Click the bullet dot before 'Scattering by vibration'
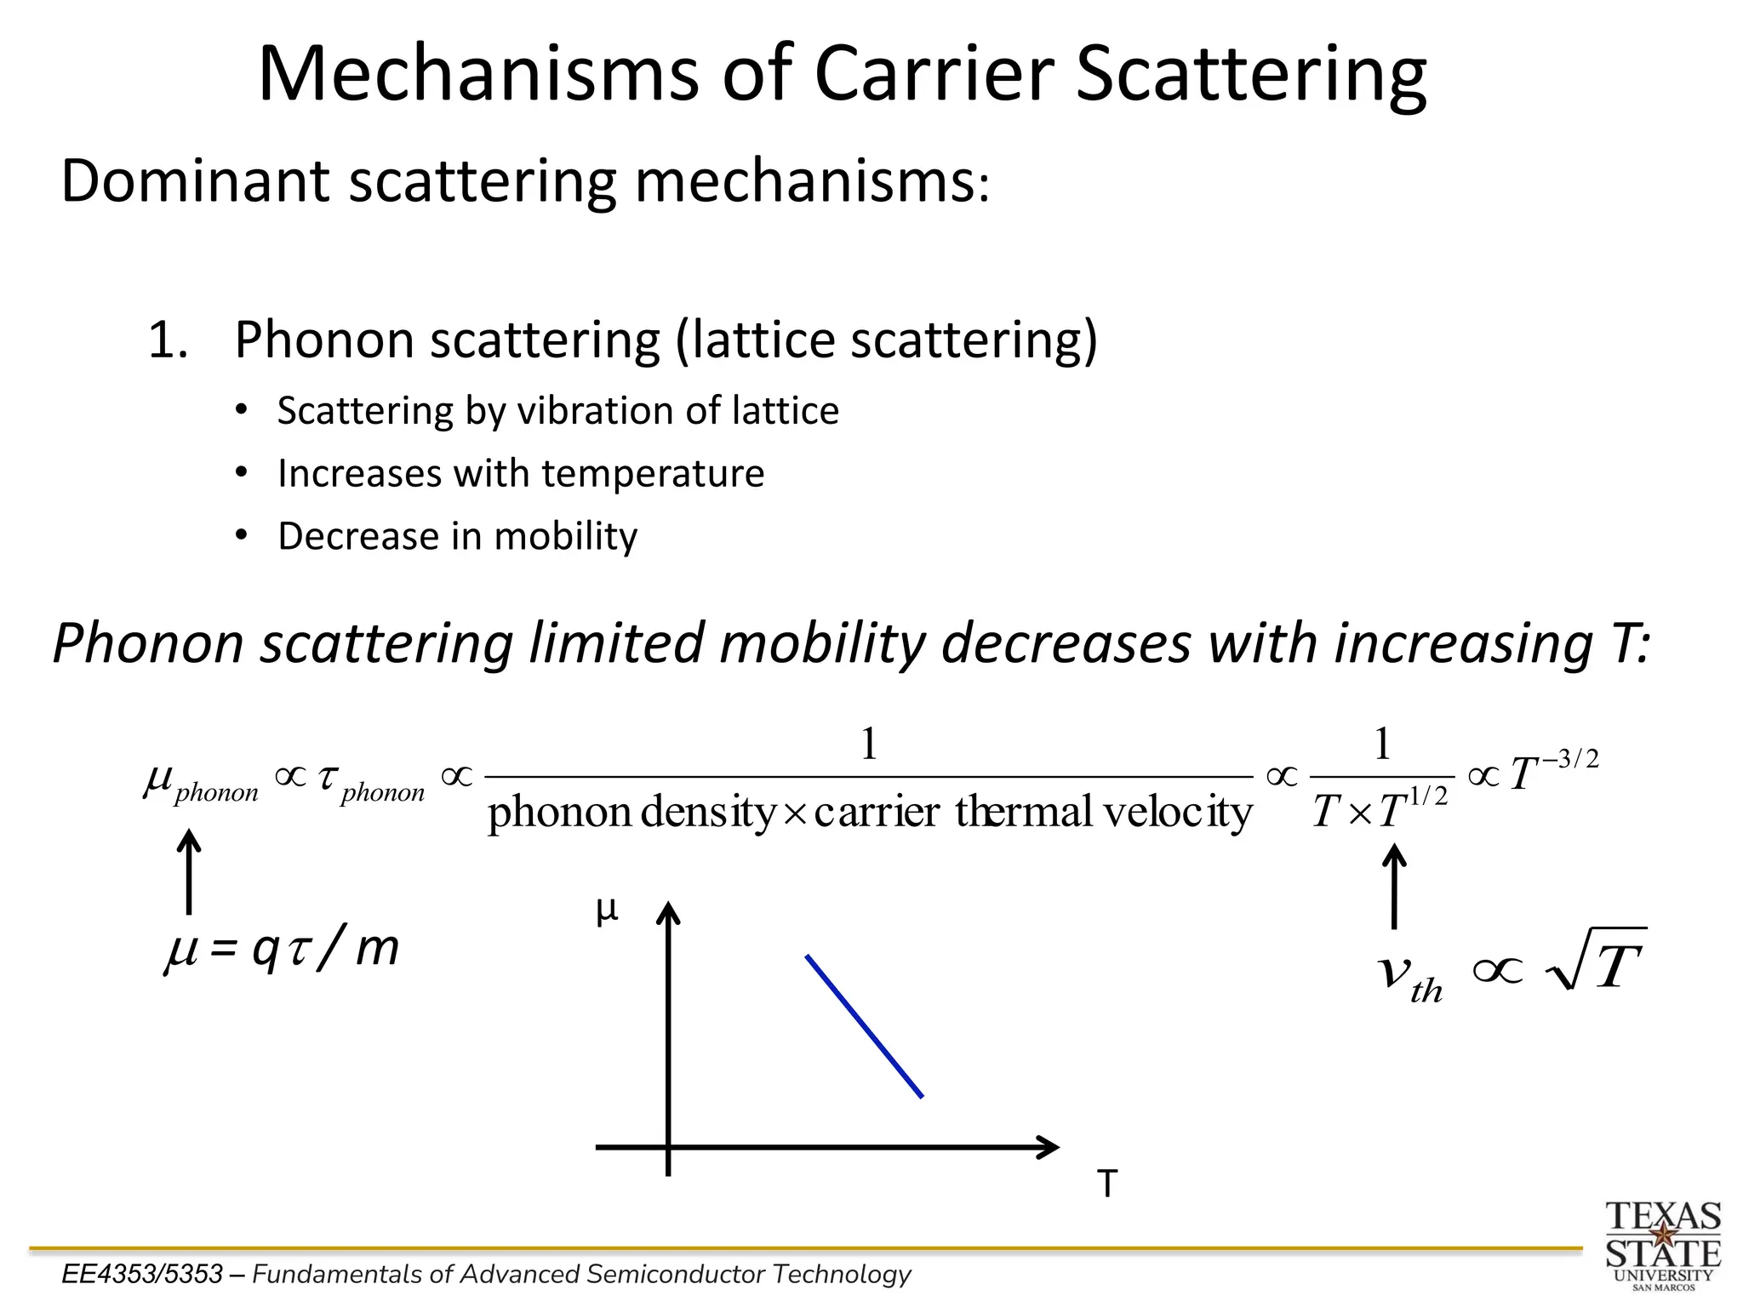pyautogui.click(x=242, y=410)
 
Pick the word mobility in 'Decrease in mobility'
pyautogui.click(x=565, y=537)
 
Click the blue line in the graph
pyautogui.click(x=864, y=1026)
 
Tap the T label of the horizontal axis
pyautogui.click(x=1106, y=1184)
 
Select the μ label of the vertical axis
pyautogui.click(x=606, y=911)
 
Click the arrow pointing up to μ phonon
pyautogui.click(x=188, y=872)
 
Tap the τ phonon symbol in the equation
pyautogui.click(x=370, y=783)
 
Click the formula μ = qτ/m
pyautogui.click(x=282, y=950)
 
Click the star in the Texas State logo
pyautogui.click(x=1662, y=1233)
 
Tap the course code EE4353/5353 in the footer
pyautogui.click(x=142, y=1274)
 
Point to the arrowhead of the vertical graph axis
pyautogui.click(x=668, y=912)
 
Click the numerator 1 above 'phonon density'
pyautogui.click(x=868, y=745)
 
